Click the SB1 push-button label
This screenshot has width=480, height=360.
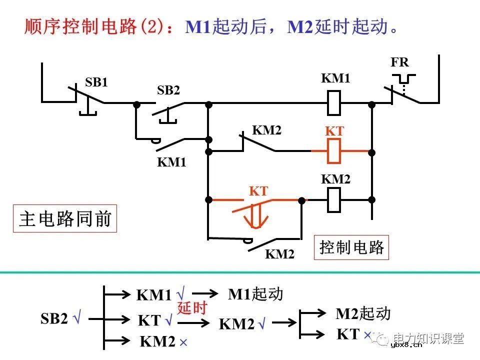[x=96, y=82]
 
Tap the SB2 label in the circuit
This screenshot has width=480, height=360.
[x=168, y=90]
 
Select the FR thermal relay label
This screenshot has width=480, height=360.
[x=399, y=62]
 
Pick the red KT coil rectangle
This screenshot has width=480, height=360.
[x=333, y=151]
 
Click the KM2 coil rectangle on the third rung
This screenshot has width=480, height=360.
[x=333, y=199]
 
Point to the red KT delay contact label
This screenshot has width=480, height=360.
[x=258, y=191]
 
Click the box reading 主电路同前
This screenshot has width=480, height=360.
[x=65, y=218]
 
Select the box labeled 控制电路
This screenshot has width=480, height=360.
[x=352, y=247]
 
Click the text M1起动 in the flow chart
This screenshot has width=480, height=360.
[x=255, y=294]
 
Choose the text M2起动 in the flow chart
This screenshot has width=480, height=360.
[x=362, y=313]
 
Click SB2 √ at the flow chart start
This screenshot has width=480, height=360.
[x=60, y=318]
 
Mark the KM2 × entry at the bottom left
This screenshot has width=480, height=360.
[x=163, y=342]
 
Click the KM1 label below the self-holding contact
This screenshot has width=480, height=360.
[x=171, y=162]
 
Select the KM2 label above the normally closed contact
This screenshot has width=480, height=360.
[x=266, y=130]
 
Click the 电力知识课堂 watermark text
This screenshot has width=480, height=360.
[x=428, y=338]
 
